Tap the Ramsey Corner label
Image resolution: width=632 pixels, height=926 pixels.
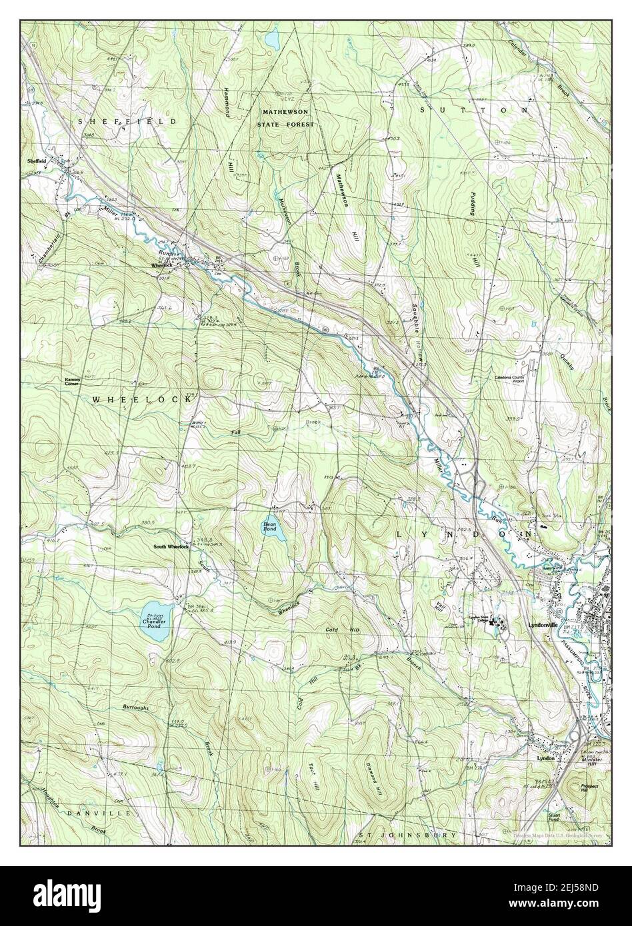point(72,382)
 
